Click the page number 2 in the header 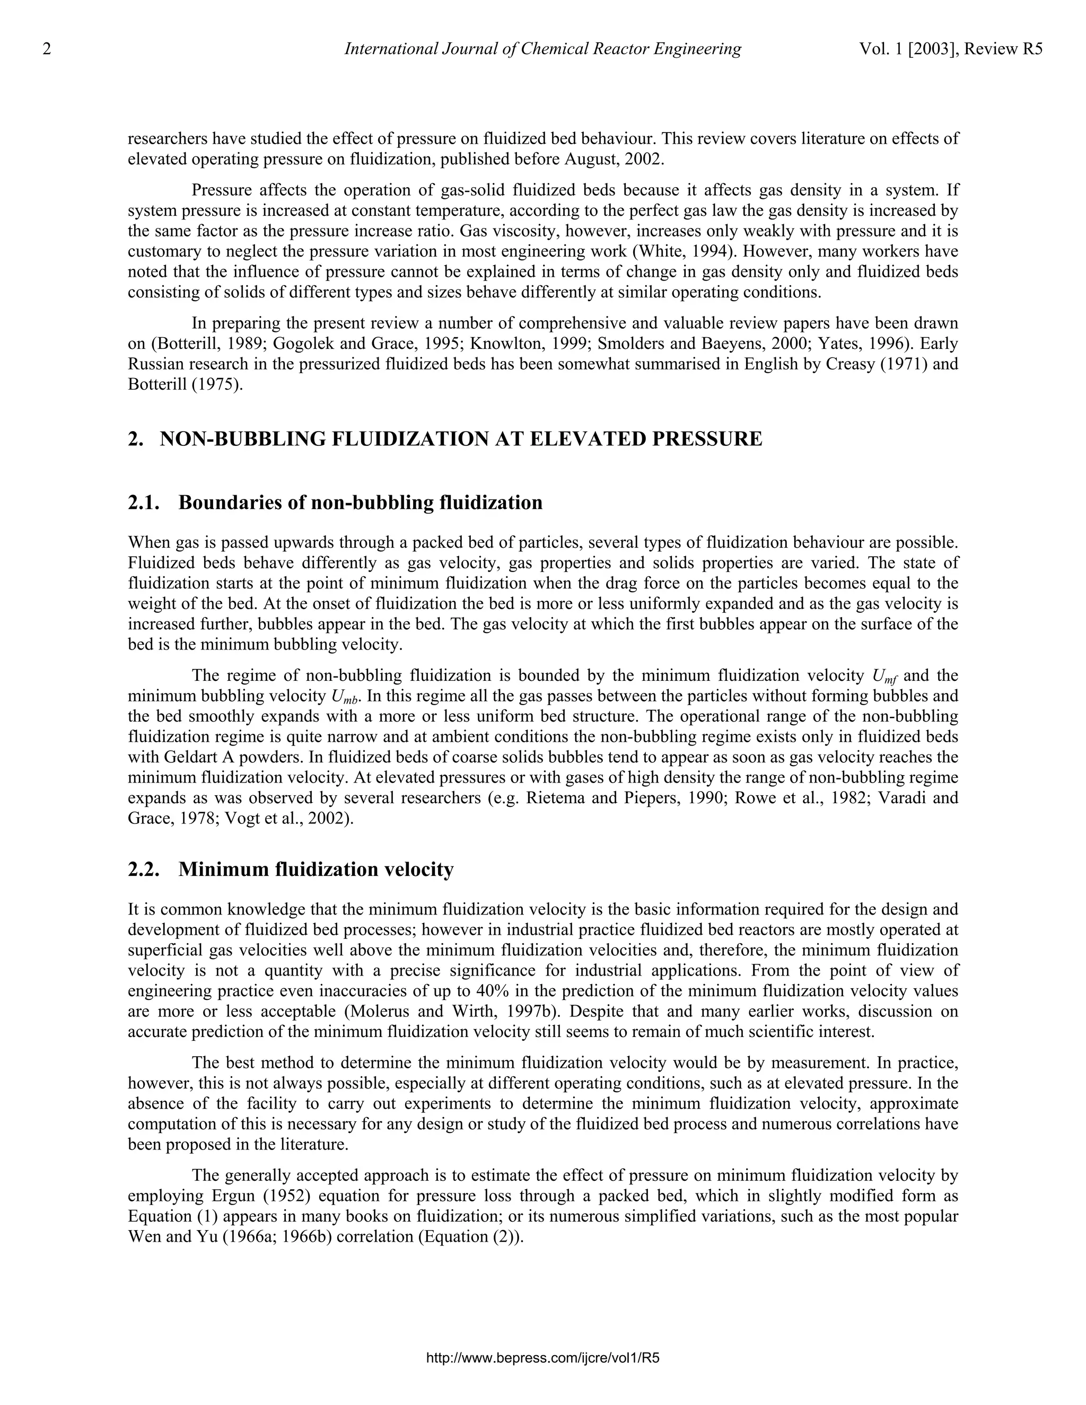[x=46, y=49]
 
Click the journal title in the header [x=542, y=49]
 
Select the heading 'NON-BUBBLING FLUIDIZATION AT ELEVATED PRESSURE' [x=461, y=440]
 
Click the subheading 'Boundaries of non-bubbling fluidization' [x=360, y=503]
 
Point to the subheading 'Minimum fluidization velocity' [x=316, y=870]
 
